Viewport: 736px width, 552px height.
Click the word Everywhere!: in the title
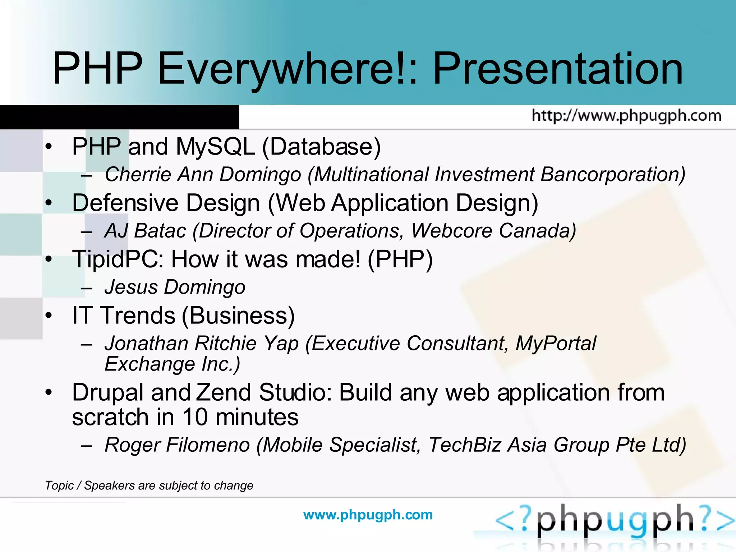coord(287,68)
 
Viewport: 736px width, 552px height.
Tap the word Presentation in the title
coord(558,68)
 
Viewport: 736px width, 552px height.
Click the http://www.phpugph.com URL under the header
coord(626,116)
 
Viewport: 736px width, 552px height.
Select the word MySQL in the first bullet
coord(215,147)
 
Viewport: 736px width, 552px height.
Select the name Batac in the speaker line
coord(160,231)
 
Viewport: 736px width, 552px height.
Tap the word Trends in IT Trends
coord(138,316)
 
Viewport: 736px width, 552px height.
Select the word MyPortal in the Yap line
coord(556,343)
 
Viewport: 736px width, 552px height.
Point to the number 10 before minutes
coord(195,417)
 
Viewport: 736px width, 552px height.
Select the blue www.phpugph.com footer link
coord(368,515)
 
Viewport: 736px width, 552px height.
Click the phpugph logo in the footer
coord(615,521)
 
